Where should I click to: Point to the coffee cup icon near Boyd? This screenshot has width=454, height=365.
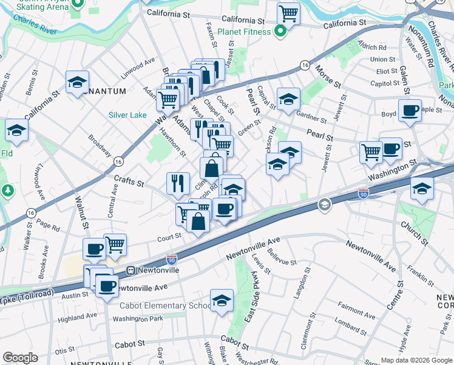(x=410, y=111)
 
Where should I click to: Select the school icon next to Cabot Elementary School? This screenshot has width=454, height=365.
(x=222, y=300)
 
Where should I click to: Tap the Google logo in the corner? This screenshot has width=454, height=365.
(x=20, y=358)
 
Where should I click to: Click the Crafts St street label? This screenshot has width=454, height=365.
(x=128, y=182)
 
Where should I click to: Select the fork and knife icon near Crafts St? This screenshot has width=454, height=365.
(x=177, y=182)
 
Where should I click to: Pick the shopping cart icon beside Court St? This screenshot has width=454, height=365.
(x=115, y=244)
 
